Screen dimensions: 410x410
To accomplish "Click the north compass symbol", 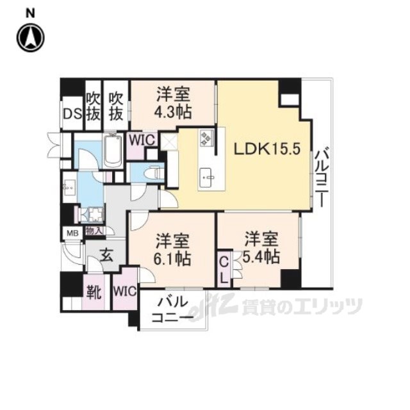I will (30, 38).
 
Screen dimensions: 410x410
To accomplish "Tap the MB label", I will (72, 233).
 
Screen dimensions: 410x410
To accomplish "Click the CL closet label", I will (224, 269).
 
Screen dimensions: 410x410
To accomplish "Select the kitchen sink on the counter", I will (208, 173).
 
